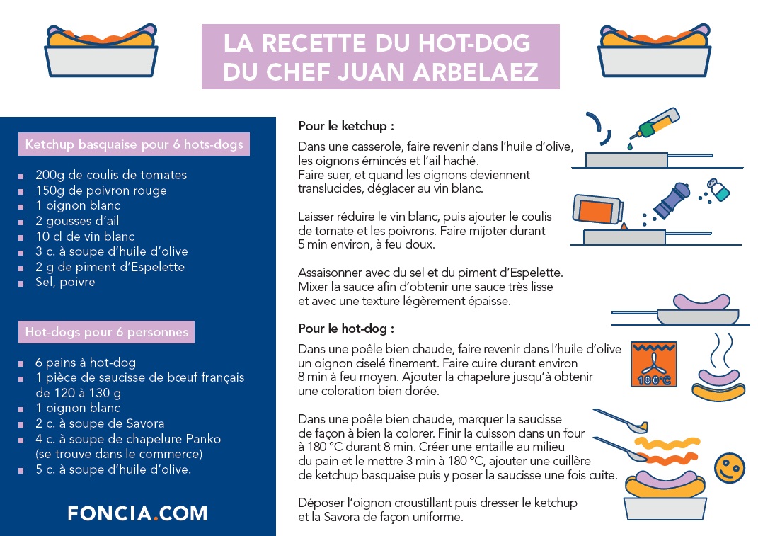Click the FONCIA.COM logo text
pos(137,513)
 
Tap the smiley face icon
pos(729,469)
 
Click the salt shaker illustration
pos(718,190)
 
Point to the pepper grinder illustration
pos(672,199)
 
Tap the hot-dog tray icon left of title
pos(101,54)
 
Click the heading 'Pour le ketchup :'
pos(345,126)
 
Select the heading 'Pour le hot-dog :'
pos(345,329)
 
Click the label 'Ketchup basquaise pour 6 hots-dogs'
pos(134,144)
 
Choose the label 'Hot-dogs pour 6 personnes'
pos(106,331)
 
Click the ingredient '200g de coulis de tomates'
pos(111,175)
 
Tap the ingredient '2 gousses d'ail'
pos(77,221)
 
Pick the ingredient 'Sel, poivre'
pos(65,282)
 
